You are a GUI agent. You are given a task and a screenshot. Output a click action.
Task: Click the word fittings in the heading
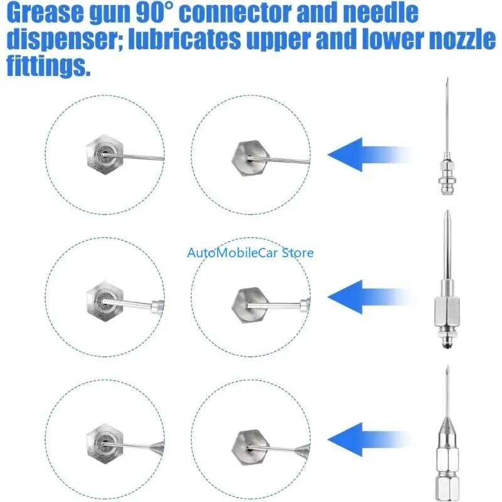coord(47,66)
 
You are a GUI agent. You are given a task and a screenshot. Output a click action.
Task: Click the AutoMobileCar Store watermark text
coord(250,253)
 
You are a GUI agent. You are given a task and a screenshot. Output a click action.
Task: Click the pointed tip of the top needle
coord(446,81)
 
